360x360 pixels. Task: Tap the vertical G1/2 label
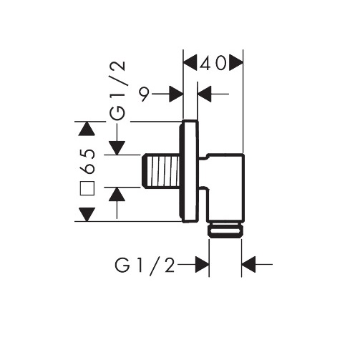tap(117, 90)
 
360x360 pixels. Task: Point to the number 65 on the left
tap(87, 161)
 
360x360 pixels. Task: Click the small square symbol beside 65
tap(87, 188)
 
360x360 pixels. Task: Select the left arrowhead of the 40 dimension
tap(190, 63)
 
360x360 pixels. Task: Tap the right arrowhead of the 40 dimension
tap(236, 63)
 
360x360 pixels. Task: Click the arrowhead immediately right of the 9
tap(176, 94)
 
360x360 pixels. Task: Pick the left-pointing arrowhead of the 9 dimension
tap(205, 94)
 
